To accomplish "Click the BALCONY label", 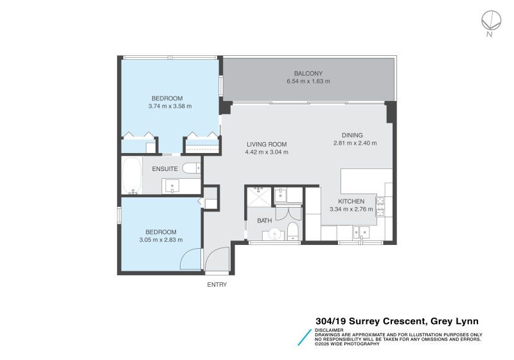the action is [x=308, y=73].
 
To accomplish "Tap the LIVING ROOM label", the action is [x=267, y=144].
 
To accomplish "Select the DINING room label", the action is [x=352, y=135].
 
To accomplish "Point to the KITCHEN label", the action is [x=351, y=201].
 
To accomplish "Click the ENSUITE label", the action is [x=165, y=169].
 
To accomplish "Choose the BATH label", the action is [x=265, y=221].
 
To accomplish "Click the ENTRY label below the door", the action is [x=217, y=285].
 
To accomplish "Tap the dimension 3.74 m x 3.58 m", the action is [x=170, y=106].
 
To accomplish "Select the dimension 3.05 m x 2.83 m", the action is [x=161, y=240].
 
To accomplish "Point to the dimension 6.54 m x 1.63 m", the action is [x=308, y=81].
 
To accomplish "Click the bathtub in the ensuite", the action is [x=132, y=175].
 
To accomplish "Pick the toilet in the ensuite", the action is [x=191, y=168].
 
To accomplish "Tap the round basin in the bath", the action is [x=274, y=234].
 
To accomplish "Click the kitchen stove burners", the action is [x=380, y=206].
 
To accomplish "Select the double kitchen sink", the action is [x=361, y=233].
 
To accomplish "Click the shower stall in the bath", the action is [x=259, y=197].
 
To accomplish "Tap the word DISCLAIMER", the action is [x=329, y=330].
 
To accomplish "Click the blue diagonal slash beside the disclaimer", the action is [x=305, y=337].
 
